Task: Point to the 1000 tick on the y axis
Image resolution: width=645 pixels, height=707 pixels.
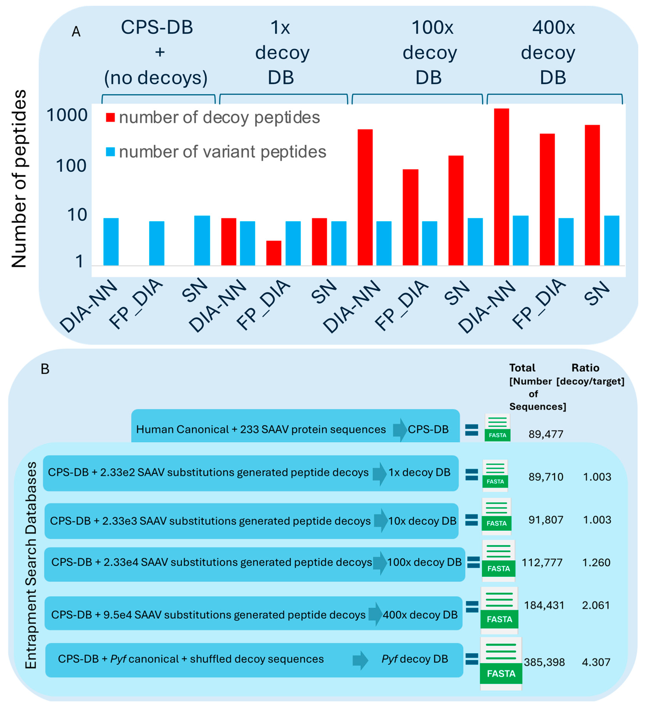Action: point(67,115)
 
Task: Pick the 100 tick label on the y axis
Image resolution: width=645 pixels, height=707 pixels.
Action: point(71,165)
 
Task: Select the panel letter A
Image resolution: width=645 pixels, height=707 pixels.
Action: point(76,32)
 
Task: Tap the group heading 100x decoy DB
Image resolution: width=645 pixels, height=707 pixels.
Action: point(430,53)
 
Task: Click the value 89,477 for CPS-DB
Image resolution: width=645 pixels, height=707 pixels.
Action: point(546,434)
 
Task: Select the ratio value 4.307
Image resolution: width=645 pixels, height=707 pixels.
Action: point(596,662)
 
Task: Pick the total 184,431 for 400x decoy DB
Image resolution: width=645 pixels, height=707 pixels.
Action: point(544,605)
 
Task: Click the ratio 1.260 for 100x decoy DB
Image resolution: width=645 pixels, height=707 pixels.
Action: point(596,562)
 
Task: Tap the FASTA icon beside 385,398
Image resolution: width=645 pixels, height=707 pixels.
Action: point(501,664)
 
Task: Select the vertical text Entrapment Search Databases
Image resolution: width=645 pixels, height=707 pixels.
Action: point(31,565)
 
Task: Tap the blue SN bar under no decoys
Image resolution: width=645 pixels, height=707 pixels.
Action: point(202,241)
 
